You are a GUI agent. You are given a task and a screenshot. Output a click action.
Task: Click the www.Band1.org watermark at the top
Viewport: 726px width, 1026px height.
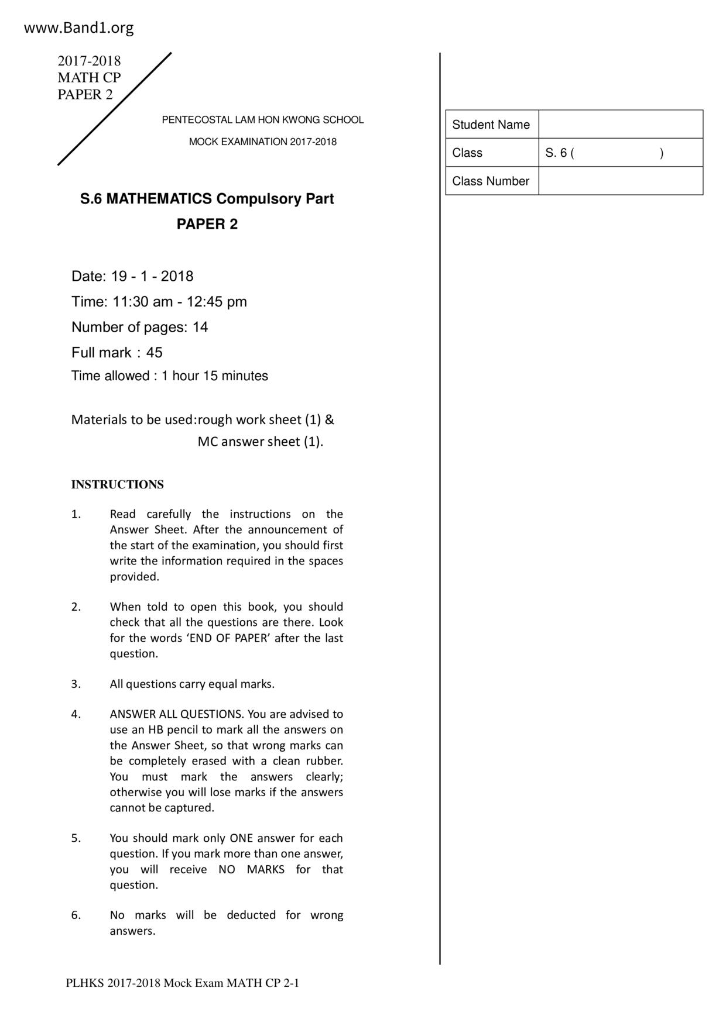(x=78, y=27)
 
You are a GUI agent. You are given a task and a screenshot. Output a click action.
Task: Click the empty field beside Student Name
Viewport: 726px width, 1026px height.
(x=620, y=124)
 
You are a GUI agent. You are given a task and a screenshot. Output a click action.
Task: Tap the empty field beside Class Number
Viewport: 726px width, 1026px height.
(x=620, y=181)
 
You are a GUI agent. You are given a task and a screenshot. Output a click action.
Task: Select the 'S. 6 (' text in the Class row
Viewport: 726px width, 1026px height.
(x=559, y=153)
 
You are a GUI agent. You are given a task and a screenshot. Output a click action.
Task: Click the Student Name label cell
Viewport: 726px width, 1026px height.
(x=491, y=125)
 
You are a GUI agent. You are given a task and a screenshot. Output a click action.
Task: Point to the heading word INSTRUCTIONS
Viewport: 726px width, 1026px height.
(x=117, y=484)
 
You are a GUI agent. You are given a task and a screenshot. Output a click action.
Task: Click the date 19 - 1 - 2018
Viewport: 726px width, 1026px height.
(x=152, y=276)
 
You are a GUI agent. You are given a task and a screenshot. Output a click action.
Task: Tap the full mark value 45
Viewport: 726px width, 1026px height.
(x=155, y=352)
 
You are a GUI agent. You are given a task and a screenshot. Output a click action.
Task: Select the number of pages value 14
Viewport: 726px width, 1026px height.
(x=200, y=327)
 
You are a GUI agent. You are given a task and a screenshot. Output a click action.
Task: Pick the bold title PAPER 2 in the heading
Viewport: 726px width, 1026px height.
(x=207, y=224)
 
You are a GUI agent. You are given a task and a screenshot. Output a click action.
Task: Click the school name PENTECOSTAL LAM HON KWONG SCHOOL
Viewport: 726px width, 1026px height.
(x=262, y=120)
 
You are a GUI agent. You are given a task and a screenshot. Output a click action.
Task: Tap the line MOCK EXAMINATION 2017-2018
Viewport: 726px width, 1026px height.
(x=262, y=142)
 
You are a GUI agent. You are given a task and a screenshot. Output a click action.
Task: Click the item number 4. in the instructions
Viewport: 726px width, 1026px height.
(x=76, y=714)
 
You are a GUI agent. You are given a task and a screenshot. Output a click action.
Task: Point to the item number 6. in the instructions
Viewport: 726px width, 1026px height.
(x=76, y=915)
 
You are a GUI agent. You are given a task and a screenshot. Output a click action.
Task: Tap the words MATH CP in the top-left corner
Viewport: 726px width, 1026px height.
(x=89, y=77)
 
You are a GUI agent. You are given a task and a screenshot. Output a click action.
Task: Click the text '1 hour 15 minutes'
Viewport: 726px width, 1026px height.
(x=215, y=376)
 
